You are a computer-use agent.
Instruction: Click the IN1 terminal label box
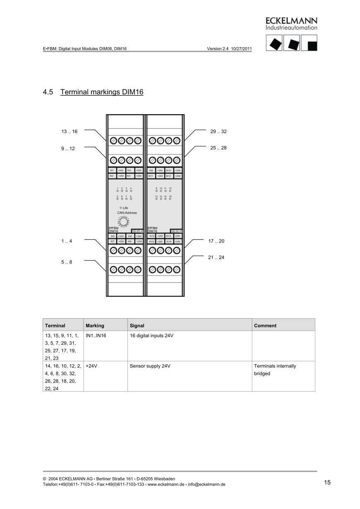pos(112,170)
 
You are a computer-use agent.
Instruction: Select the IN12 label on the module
pos(169,176)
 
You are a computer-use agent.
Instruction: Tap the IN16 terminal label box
pos(169,241)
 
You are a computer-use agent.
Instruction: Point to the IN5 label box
pos(112,236)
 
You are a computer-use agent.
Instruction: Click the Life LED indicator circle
pos(120,208)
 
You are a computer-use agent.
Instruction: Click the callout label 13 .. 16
pos(69,132)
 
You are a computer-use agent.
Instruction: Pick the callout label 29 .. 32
pos(218,132)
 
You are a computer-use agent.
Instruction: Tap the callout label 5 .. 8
pos(66,262)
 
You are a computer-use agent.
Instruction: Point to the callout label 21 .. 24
pos(216,257)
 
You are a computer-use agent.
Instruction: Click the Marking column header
pos(95,326)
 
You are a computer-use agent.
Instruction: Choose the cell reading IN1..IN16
pos(96,336)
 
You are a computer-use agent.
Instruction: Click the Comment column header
pos(265,326)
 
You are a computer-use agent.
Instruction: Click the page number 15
pos(327,483)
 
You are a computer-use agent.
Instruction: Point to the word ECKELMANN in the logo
pos(291,21)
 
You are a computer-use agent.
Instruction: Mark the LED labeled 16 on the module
pos(170,199)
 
